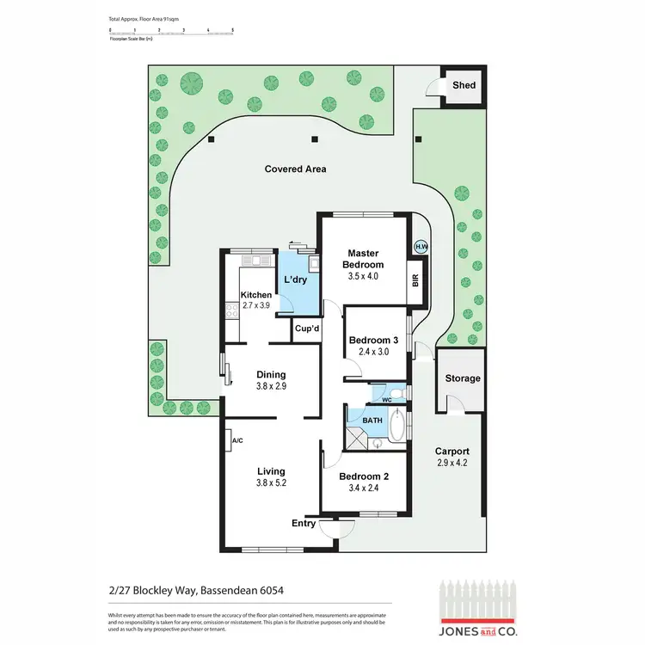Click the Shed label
click(x=464, y=85)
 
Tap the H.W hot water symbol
click(x=421, y=247)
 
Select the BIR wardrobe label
click(x=415, y=280)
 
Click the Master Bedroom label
click(x=365, y=259)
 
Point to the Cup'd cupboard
click(x=308, y=329)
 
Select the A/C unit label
click(x=237, y=441)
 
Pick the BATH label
click(x=372, y=421)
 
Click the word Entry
click(x=304, y=523)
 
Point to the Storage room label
click(x=463, y=378)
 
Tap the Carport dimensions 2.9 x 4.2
click(x=451, y=464)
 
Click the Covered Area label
click(x=295, y=169)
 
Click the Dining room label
click(x=271, y=374)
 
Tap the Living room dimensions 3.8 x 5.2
click(x=271, y=483)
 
